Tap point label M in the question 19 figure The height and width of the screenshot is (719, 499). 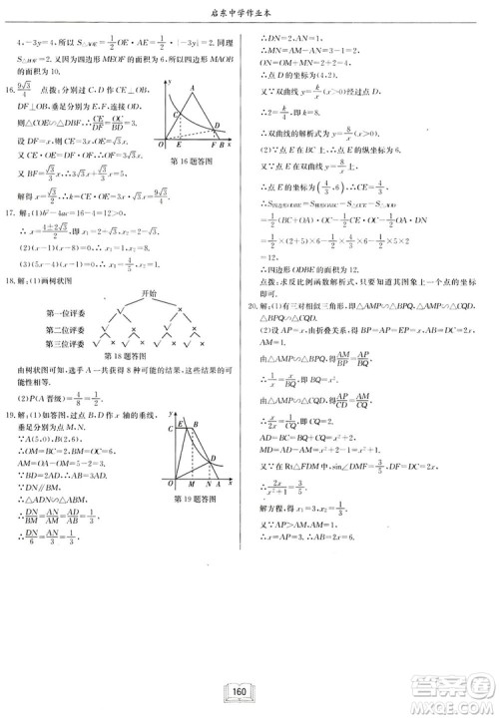(192, 484)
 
